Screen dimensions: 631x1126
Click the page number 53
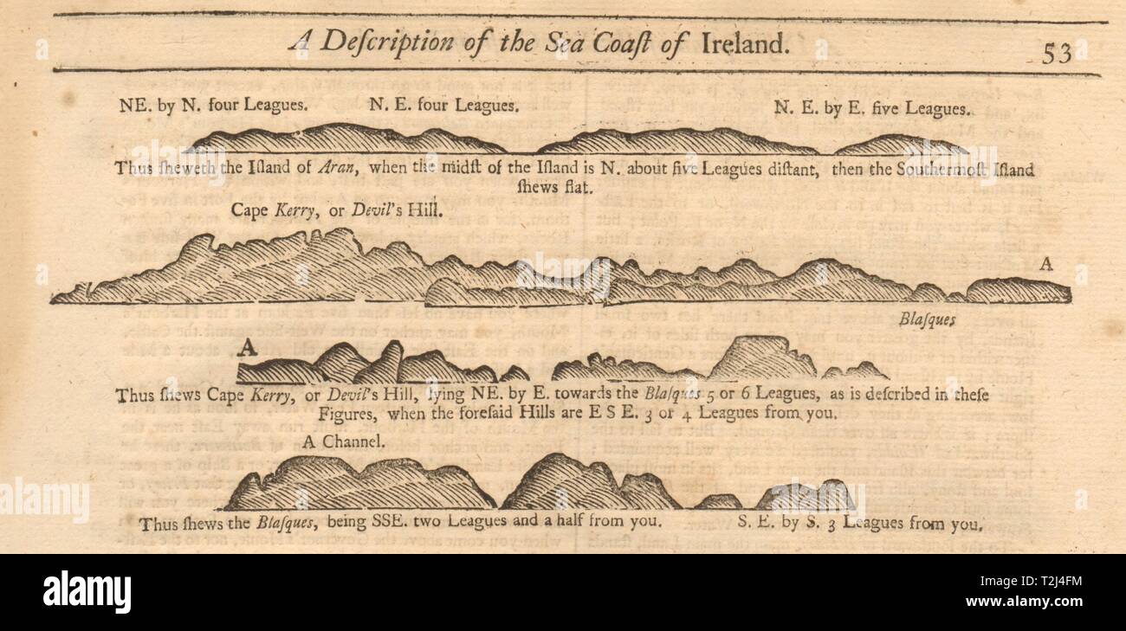[x=1056, y=54]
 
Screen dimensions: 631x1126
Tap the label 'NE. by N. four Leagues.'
[x=212, y=106]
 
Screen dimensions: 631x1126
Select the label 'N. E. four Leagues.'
[x=444, y=106]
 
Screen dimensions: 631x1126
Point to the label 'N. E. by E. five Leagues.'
[x=870, y=109]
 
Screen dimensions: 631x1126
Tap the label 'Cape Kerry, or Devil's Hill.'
[x=337, y=210]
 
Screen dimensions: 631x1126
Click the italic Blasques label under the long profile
[x=926, y=319]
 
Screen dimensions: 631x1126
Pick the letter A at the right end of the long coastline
[x=1045, y=266]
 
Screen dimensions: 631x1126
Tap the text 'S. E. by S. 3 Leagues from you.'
[x=860, y=523]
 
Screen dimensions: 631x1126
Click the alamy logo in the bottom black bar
[x=87, y=592]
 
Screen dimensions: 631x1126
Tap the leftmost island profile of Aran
[x=346, y=139]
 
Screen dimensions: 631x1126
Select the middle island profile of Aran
[x=676, y=141]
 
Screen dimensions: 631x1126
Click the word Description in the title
[x=405, y=42]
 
